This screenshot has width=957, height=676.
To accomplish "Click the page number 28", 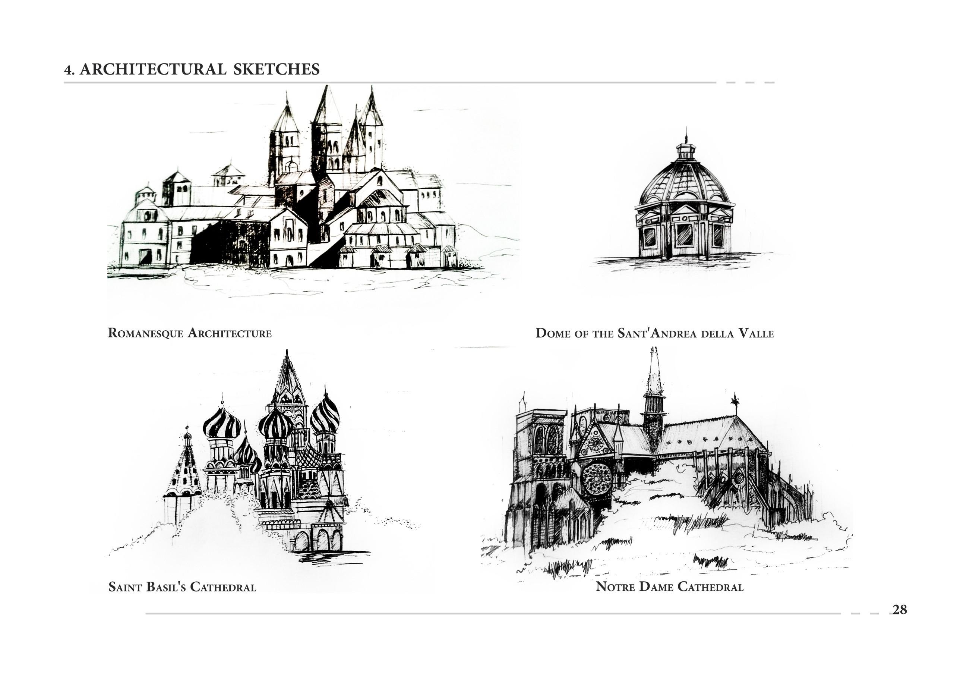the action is (900, 610).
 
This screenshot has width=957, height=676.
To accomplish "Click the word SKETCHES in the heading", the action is (277, 69).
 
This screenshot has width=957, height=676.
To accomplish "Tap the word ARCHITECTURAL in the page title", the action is (153, 69).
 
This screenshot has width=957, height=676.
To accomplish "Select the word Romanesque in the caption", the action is (145, 333).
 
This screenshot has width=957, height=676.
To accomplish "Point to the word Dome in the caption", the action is (553, 334).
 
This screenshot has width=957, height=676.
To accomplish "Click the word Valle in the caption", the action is (756, 334).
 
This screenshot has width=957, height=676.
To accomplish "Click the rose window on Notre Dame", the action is (596, 478).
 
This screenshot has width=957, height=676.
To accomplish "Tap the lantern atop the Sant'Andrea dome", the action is (686, 151).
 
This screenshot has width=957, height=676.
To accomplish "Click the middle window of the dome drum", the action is (684, 235).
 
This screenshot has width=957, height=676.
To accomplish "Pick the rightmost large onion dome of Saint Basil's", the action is (325, 415).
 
